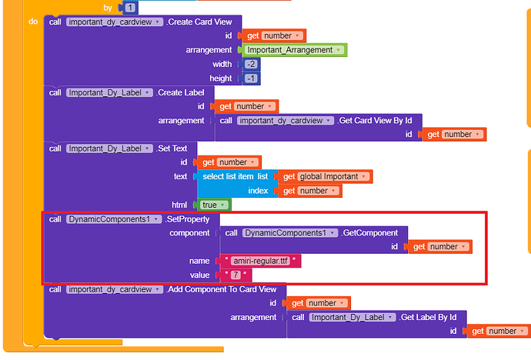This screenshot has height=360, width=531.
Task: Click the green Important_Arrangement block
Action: click(291, 50)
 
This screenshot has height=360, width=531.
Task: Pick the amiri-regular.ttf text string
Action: click(260, 262)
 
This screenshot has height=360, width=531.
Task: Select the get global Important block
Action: click(325, 176)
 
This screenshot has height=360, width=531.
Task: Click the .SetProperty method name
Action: click(182, 219)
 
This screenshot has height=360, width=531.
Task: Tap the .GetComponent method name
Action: click(370, 232)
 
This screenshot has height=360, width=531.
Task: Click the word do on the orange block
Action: click(33, 21)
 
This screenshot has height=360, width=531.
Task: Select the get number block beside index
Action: click(305, 191)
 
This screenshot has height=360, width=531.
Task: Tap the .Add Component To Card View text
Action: click(225, 289)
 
